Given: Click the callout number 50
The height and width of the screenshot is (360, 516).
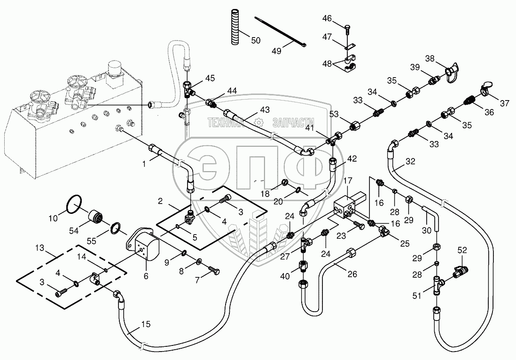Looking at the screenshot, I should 255,40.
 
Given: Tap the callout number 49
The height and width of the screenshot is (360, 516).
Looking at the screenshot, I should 276,51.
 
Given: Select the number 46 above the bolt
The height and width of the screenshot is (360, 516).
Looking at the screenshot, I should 327,18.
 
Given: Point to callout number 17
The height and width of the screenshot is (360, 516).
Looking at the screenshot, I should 347,180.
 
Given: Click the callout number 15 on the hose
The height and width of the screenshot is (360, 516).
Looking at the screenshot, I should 146,324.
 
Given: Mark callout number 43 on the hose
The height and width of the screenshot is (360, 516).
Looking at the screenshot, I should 265,110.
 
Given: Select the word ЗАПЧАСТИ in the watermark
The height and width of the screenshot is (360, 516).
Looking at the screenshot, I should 275,122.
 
